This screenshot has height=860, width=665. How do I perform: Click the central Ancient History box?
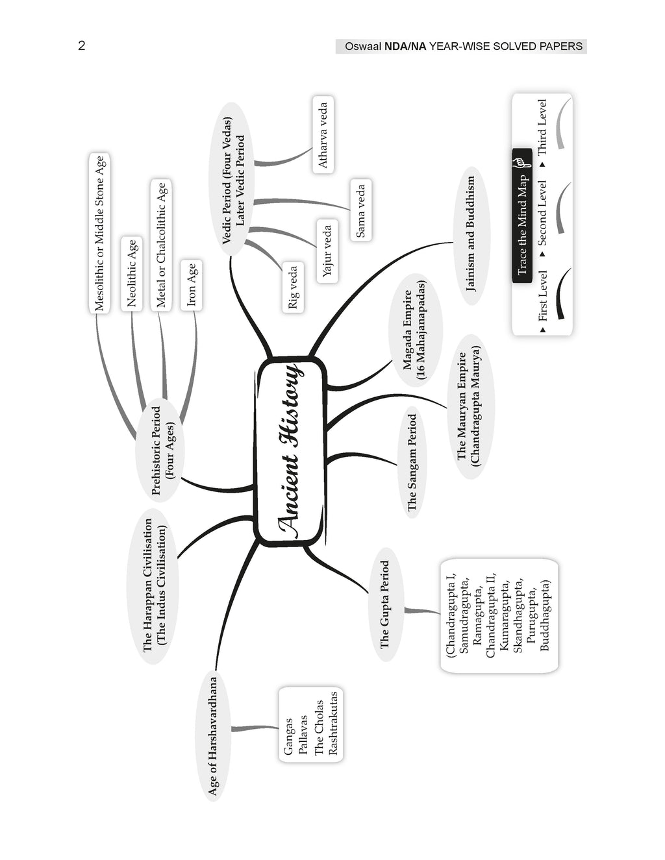click(291, 452)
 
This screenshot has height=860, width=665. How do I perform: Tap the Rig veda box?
click(294, 287)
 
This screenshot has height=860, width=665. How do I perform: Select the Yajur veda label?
click(327, 251)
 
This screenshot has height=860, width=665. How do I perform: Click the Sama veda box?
click(360, 210)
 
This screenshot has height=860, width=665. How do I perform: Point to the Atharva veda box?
click(323, 134)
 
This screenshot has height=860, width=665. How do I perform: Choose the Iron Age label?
click(192, 285)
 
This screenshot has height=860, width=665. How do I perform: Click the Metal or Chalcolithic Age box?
click(161, 245)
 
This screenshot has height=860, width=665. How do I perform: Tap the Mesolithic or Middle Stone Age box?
click(99, 233)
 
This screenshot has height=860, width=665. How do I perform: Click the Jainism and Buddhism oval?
click(471, 236)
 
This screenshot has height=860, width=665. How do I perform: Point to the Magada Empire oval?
click(415, 330)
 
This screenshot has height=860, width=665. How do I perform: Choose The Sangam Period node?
click(412, 462)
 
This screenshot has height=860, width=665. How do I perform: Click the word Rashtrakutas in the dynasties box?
click(333, 723)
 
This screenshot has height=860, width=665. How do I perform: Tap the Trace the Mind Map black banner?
click(522, 216)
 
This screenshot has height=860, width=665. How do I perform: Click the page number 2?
click(82, 46)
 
